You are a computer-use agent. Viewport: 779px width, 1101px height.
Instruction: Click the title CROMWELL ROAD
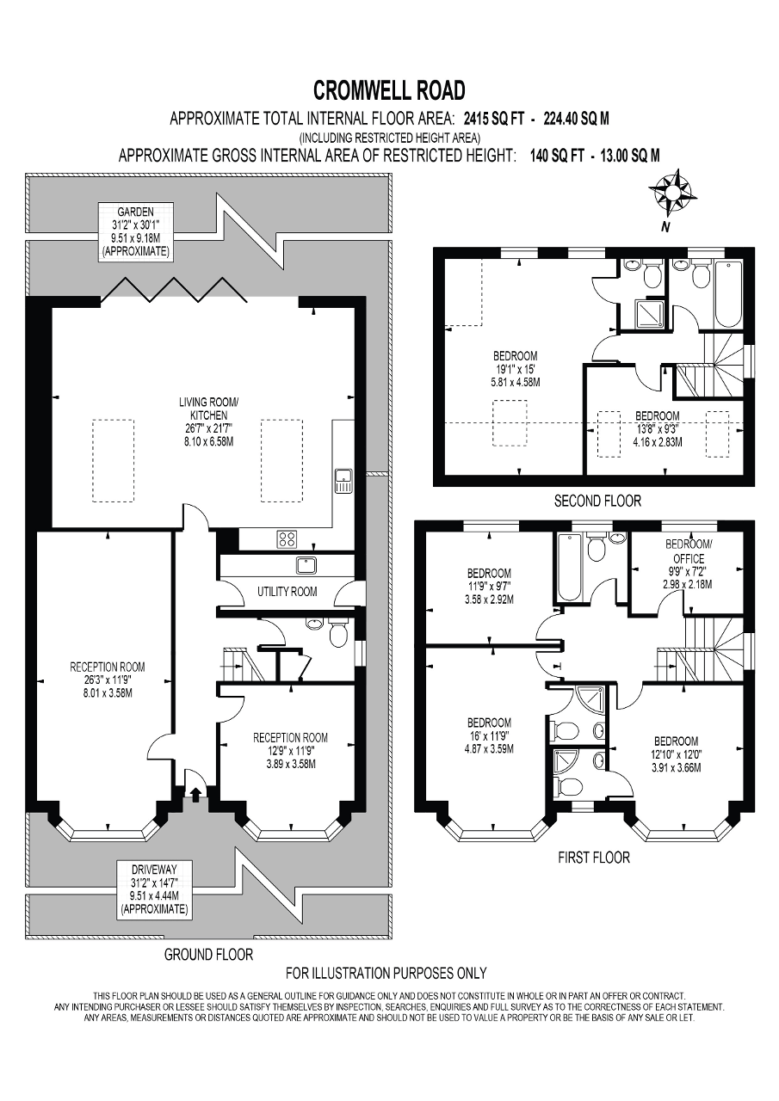point(389,90)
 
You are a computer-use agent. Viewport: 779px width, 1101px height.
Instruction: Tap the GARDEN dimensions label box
point(136,231)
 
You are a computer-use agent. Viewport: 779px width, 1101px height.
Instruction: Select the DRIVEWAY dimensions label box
point(154,889)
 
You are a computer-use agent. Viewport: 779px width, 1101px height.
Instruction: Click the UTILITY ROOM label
point(287,591)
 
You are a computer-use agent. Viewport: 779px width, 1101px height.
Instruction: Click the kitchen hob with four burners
point(287,539)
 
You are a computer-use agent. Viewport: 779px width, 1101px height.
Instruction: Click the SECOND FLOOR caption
point(597,501)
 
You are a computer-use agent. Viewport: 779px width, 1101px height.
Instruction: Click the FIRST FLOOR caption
point(593,858)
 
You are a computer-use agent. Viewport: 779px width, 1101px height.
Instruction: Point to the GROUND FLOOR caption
point(208,954)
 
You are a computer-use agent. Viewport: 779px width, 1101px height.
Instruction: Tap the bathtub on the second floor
point(727,295)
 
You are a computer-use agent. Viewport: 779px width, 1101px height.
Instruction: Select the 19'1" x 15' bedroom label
point(515,369)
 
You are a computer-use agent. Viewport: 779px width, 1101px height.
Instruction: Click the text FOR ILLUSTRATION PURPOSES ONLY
point(386,973)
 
